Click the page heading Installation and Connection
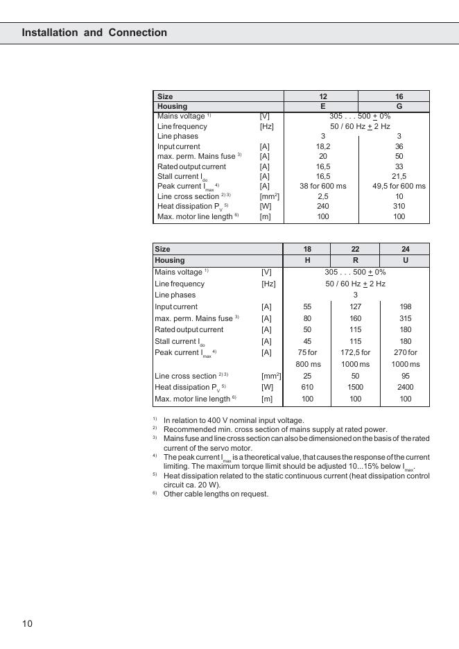pyautogui.click(x=94, y=33)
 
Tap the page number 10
pyautogui.click(x=27, y=623)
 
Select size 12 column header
pyautogui.click(x=323, y=96)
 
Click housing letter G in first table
pyautogui.click(x=399, y=106)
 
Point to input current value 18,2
pyautogui.click(x=323, y=146)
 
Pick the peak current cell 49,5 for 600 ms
pyautogui.click(x=399, y=186)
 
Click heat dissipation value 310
pyautogui.click(x=399, y=206)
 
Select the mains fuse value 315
pyautogui.click(x=406, y=318)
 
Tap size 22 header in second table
pyautogui.click(x=355, y=249)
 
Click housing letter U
pyautogui.click(x=406, y=260)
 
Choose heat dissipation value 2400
pyautogui.click(x=406, y=387)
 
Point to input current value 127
pyautogui.click(x=355, y=306)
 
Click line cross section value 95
pyautogui.click(x=406, y=376)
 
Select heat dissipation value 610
pyautogui.click(x=307, y=387)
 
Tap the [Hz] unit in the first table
pyautogui.click(x=267, y=126)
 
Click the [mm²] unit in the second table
pyautogui.click(x=271, y=376)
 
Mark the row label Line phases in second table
pyautogui.click(x=175, y=295)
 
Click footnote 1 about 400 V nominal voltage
pyautogui.click(x=234, y=420)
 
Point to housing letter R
pyautogui.click(x=355, y=260)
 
